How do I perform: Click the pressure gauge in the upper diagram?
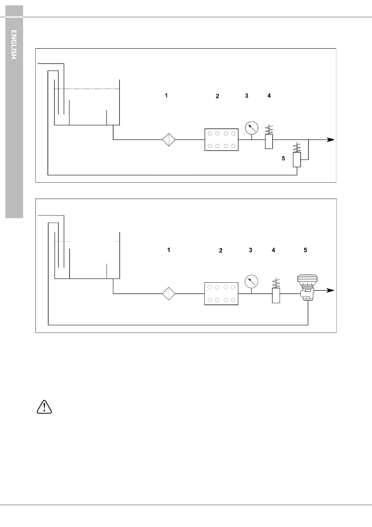tap(251, 128)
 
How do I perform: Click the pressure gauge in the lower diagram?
tap(251, 282)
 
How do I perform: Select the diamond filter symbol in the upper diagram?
tap(169, 140)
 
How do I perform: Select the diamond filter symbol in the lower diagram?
tap(169, 294)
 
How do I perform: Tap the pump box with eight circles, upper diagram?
tap(221, 140)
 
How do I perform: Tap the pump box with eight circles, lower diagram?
tap(221, 294)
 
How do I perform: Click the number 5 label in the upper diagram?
tap(283, 158)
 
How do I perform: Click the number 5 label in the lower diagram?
tap(305, 250)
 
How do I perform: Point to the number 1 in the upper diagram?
tap(166, 96)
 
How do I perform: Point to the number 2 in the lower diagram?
tap(220, 250)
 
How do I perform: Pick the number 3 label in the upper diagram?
tap(247, 96)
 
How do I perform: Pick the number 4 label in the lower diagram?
tap(273, 250)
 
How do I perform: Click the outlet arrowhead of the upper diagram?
tap(330, 140)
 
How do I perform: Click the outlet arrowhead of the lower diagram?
tap(330, 291)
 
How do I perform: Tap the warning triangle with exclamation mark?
tap(44, 407)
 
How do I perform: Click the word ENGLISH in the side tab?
tap(14, 44)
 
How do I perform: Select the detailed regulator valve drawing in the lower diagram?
tap(307, 287)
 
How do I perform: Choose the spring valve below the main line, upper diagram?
tap(297, 155)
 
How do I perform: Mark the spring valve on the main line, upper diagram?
tap(269, 137)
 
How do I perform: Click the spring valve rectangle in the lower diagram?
tap(276, 296)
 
